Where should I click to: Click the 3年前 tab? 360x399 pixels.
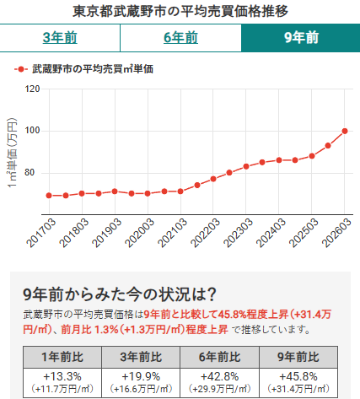pos(60,38)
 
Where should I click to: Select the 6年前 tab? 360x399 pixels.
pos(180,38)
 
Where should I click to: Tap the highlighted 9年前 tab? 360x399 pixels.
pos(300,38)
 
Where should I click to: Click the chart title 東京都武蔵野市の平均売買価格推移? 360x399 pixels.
pos(180,11)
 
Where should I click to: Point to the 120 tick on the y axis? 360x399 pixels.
pos(33,89)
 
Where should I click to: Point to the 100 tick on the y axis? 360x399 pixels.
pos(33,131)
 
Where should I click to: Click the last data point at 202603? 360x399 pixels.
pos(345,131)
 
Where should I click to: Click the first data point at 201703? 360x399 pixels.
pos(49,195)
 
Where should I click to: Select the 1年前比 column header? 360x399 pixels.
pos(62,354)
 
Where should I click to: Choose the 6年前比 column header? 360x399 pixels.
pos(219,354)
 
